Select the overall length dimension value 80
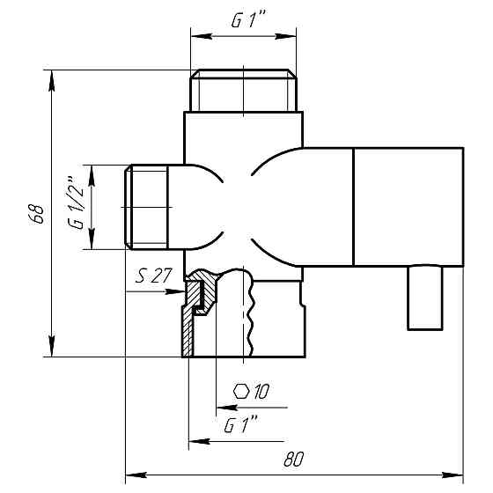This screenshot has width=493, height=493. click(x=294, y=459)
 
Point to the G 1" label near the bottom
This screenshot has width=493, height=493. click(x=240, y=426)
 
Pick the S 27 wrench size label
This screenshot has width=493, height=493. click(x=153, y=276)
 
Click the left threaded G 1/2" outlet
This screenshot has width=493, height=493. click(x=146, y=207)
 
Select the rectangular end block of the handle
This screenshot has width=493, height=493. click(x=408, y=207)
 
